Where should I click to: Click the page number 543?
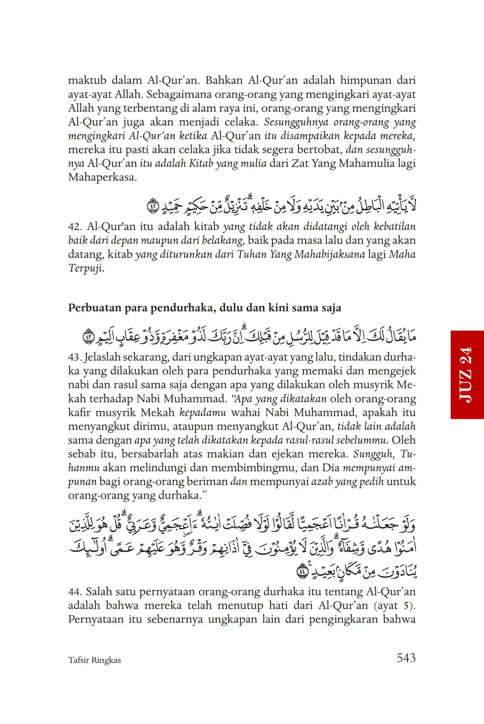point(406,658)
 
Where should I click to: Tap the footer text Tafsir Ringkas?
point(95,660)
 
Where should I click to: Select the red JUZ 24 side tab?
point(467,375)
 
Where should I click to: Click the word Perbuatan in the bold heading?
point(92,308)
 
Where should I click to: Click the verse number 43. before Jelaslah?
point(75,357)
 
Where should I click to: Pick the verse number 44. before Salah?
point(75,592)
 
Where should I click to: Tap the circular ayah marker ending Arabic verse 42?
point(153,206)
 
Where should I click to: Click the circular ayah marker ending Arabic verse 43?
point(89,337)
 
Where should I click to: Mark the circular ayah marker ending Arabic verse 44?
point(303,571)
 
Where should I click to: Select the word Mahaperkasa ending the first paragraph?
point(102,178)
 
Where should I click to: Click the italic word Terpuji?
point(86,268)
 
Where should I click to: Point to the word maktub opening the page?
point(87,81)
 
